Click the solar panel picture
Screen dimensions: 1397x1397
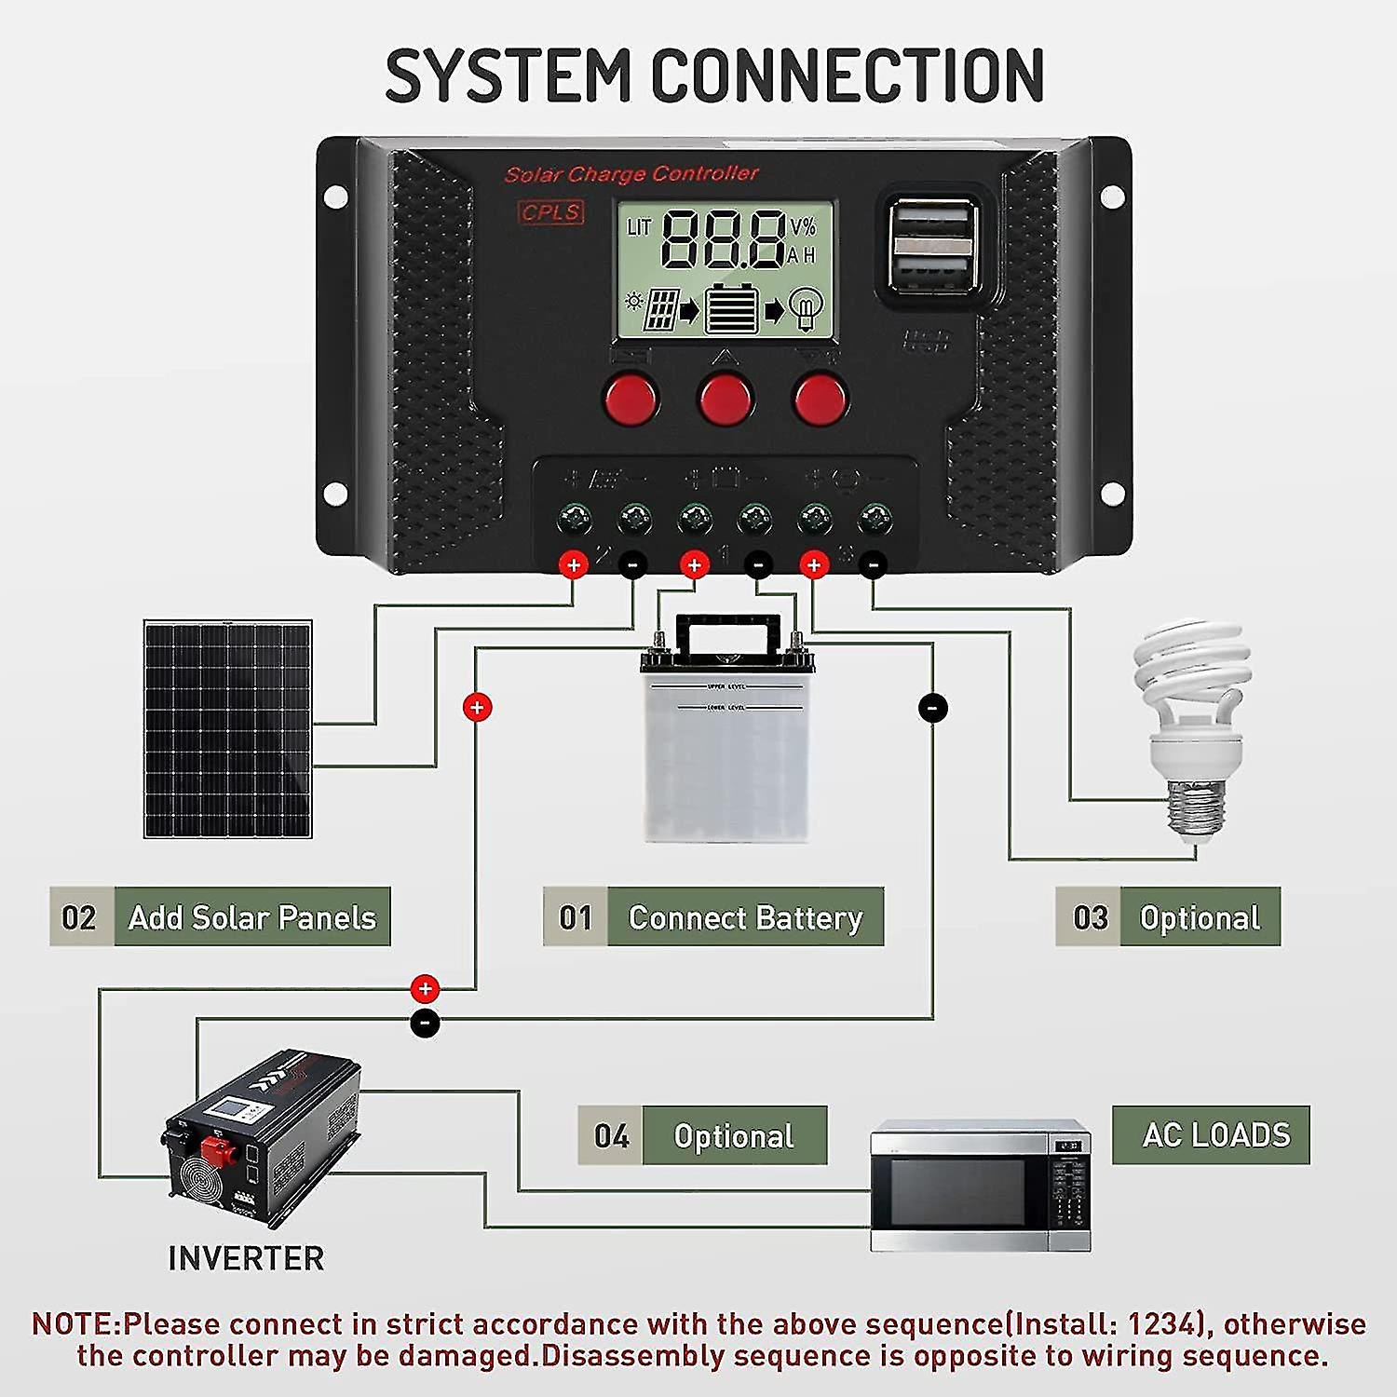[228, 729]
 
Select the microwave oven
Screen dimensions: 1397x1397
[980, 1186]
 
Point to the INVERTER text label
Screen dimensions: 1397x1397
[246, 1258]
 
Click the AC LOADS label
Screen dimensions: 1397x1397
[1211, 1134]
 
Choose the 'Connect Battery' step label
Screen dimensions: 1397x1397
[745, 917]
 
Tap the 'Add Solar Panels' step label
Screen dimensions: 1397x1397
[251, 917]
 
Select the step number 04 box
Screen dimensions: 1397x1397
[610, 1135]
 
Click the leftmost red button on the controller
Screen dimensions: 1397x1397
[631, 399]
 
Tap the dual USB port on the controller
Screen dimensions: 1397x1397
[932, 245]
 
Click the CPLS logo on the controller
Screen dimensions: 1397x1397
[550, 212]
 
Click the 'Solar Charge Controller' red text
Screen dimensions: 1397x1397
[631, 174]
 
